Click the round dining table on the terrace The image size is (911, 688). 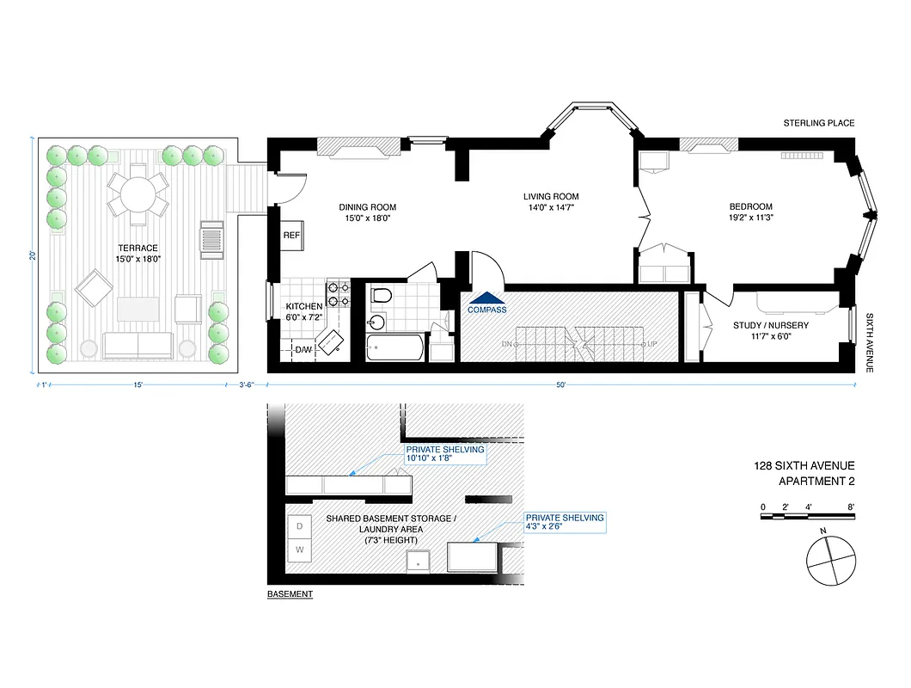click(138, 194)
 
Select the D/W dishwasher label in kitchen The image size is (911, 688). click(303, 350)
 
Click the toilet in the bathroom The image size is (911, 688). click(382, 298)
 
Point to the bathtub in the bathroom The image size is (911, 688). click(394, 348)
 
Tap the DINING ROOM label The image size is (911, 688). click(367, 207)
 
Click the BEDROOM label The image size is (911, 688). click(750, 206)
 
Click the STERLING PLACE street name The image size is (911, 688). click(818, 123)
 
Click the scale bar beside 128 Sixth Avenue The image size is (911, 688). click(807, 516)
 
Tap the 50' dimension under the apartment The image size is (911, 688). click(560, 384)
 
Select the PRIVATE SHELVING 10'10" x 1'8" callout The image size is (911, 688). click(444, 454)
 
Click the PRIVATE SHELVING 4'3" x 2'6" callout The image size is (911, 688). click(565, 523)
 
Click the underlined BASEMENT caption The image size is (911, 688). click(290, 594)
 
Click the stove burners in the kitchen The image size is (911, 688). click(336, 294)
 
